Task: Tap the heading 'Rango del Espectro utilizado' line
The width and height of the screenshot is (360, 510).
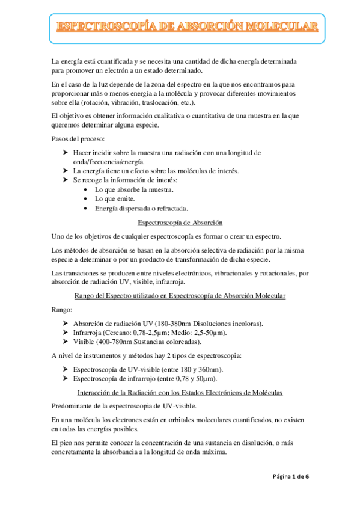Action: pyautogui.click(x=180, y=296)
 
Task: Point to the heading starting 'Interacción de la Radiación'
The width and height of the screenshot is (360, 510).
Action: pyautogui.click(x=180, y=392)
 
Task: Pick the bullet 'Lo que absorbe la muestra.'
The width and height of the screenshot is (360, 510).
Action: pyautogui.click(x=134, y=189)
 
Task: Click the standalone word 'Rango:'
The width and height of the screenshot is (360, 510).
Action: pyautogui.click(x=62, y=310)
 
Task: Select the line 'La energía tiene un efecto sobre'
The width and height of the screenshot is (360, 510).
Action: pyautogui.click(x=147, y=171)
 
